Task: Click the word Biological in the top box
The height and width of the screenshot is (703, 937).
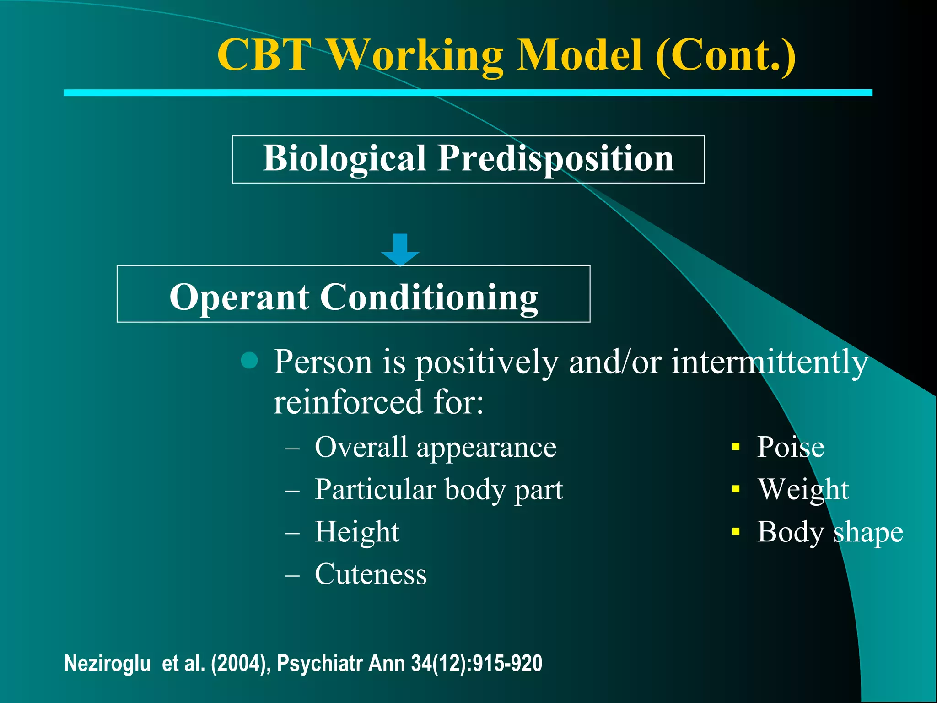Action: pos(345,158)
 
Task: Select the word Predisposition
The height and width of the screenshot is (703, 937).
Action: pos(555,158)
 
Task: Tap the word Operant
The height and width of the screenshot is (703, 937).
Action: pos(239,297)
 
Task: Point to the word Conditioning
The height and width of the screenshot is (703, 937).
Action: pos(429,297)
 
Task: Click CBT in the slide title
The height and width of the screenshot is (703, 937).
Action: pos(264,55)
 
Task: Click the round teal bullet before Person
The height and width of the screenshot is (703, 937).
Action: pos(249,361)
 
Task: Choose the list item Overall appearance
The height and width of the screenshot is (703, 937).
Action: pos(435,447)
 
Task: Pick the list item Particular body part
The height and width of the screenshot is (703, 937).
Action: pos(438,490)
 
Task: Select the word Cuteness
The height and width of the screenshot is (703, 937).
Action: pos(371,574)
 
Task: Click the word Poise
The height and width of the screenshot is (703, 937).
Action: pos(790,447)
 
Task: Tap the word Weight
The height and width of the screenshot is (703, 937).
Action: pos(803,490)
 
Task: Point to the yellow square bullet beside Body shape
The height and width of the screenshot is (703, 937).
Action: pos(736,531)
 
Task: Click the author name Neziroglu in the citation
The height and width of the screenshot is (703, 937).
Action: pos(108,663)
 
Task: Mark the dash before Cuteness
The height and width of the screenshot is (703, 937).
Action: pos(292,575)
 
